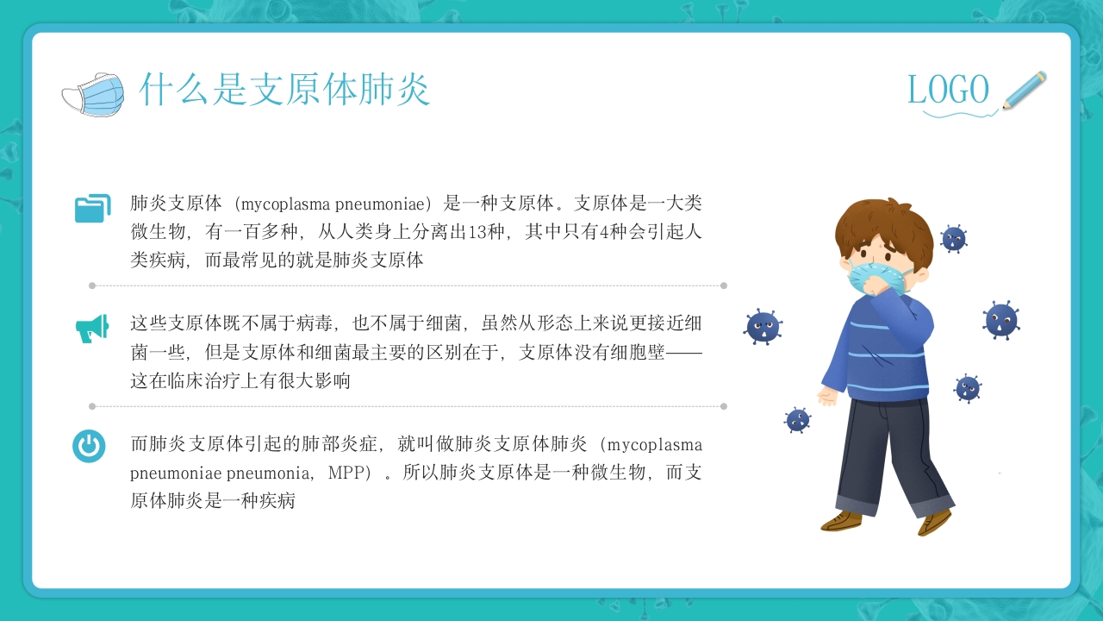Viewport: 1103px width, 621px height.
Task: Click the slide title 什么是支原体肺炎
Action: point(284,90)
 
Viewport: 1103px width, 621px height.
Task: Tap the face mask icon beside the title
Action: point(93,93)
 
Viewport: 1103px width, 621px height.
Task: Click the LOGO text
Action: point(948,90)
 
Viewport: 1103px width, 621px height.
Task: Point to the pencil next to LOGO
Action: point(1025,90)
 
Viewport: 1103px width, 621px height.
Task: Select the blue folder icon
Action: point(92,208)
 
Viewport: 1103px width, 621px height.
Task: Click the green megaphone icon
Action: point(92,328)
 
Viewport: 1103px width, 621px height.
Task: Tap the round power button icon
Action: point(89,446)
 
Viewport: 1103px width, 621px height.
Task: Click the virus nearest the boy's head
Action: point(953,238)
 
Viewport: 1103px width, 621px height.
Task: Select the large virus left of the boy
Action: point(763,327)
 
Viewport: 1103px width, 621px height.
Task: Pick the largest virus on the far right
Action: point(1000,320)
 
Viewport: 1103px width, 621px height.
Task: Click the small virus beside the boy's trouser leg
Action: point(797,420)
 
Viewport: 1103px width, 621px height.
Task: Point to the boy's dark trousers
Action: point(888,448)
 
